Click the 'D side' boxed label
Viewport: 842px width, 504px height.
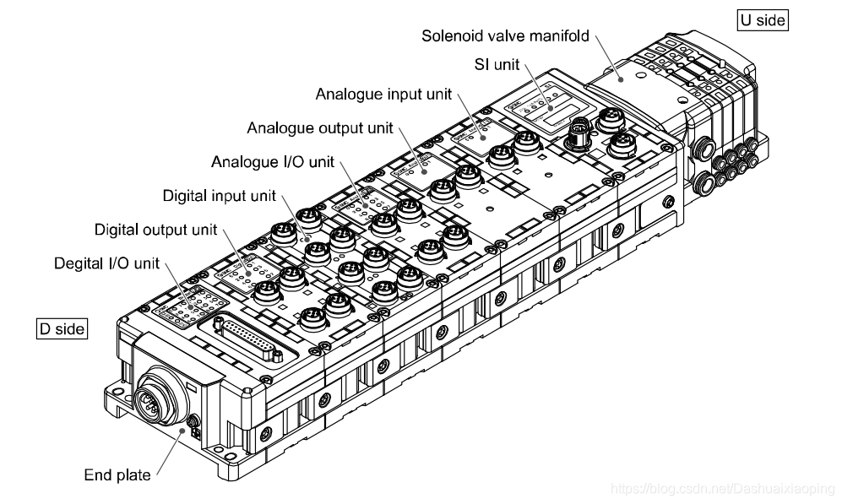pos(62,328)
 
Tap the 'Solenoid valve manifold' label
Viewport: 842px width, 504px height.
pos(504,37)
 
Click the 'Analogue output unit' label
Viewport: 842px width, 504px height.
pos(320,128)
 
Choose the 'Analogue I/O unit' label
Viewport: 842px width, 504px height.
pos(273,161)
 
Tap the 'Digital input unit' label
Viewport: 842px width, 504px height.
pos(220,196)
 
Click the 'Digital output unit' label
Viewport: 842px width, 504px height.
pos(156,229)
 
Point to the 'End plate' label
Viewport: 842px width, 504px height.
pos(117,474)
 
